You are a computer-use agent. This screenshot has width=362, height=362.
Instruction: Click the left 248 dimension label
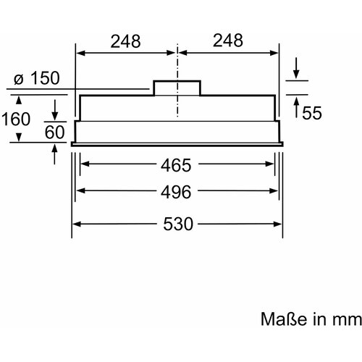(x=125, y=41)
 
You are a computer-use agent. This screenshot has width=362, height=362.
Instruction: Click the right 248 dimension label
(x=228, y=41)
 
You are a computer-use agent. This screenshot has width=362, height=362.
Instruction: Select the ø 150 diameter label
(x=37, y=78)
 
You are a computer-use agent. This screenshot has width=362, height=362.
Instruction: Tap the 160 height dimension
(x=16, y=119)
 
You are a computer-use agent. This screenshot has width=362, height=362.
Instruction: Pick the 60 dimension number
(x=55, y=132)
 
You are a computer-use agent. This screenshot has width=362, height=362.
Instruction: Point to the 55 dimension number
(x=312, y=113)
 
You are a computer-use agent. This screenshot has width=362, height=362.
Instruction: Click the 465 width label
(x=176, y=165)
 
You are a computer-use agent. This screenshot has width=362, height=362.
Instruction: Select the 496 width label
(x=176, y=192)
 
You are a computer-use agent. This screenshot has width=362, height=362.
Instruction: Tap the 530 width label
(x=178, y=224)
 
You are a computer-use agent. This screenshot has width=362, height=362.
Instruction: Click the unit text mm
(x=347, y=320)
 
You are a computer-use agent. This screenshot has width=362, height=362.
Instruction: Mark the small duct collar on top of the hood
(x=177, y=88)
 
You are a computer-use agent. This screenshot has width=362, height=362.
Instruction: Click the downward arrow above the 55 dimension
(x=296, y=68)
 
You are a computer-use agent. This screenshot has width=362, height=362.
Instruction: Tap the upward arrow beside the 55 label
(x=297, y=107)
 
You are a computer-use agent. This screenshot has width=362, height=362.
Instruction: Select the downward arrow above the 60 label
(x=55, y=110)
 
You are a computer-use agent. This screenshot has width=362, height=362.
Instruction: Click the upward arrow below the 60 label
(x=55, y=154)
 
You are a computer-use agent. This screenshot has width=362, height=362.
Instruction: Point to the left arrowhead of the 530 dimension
(x=77, y=224)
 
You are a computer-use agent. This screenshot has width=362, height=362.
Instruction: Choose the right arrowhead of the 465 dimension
(x=270, y=164)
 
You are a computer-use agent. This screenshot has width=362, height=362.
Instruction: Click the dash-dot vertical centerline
(x=177, y=80)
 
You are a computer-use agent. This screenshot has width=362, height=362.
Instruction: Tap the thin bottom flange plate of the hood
(x=177, y=144)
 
